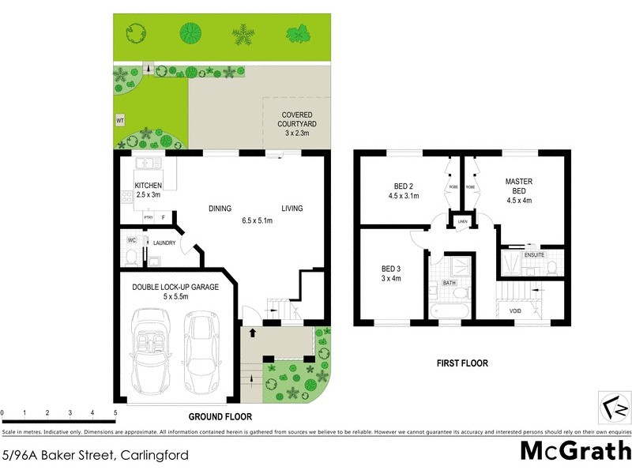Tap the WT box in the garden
coord(120,121)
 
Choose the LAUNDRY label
coord(164,243)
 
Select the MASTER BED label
coord(519,186)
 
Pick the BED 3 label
coord(391,273)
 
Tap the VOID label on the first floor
coord(515,311)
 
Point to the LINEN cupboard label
coord(462,222)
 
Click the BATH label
coord(450,281)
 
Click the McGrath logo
coord(574,451)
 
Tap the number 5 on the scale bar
coord(115,412)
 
